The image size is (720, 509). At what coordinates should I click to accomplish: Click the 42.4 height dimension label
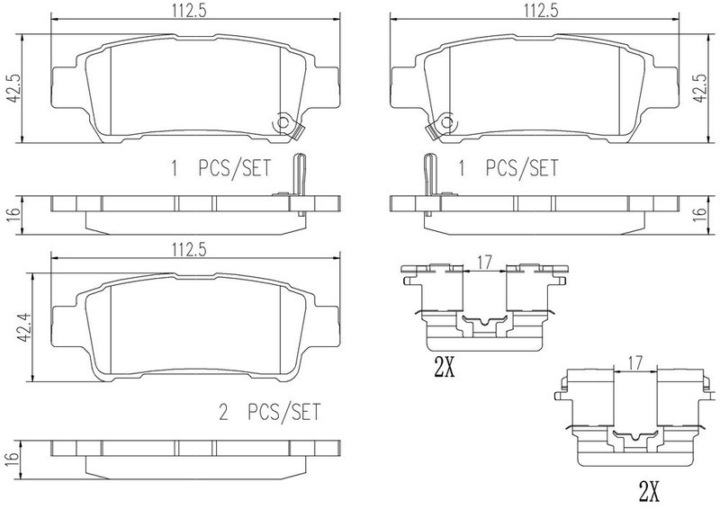(x=23, y=327)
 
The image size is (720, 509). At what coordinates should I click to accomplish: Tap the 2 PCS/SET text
(x=269, y=412)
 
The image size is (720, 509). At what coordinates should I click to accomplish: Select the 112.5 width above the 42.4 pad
(x=189, y=250)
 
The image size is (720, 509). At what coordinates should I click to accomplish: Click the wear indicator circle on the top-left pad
(x=283, y=122)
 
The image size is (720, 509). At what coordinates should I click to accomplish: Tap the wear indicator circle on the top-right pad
(x=446, y=122)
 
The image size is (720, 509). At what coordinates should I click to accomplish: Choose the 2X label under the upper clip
(x=444, y=367)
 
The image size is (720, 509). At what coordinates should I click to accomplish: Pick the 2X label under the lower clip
(x=649, y=492)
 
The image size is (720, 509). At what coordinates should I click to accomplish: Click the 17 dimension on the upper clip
(x=484, y=263)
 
